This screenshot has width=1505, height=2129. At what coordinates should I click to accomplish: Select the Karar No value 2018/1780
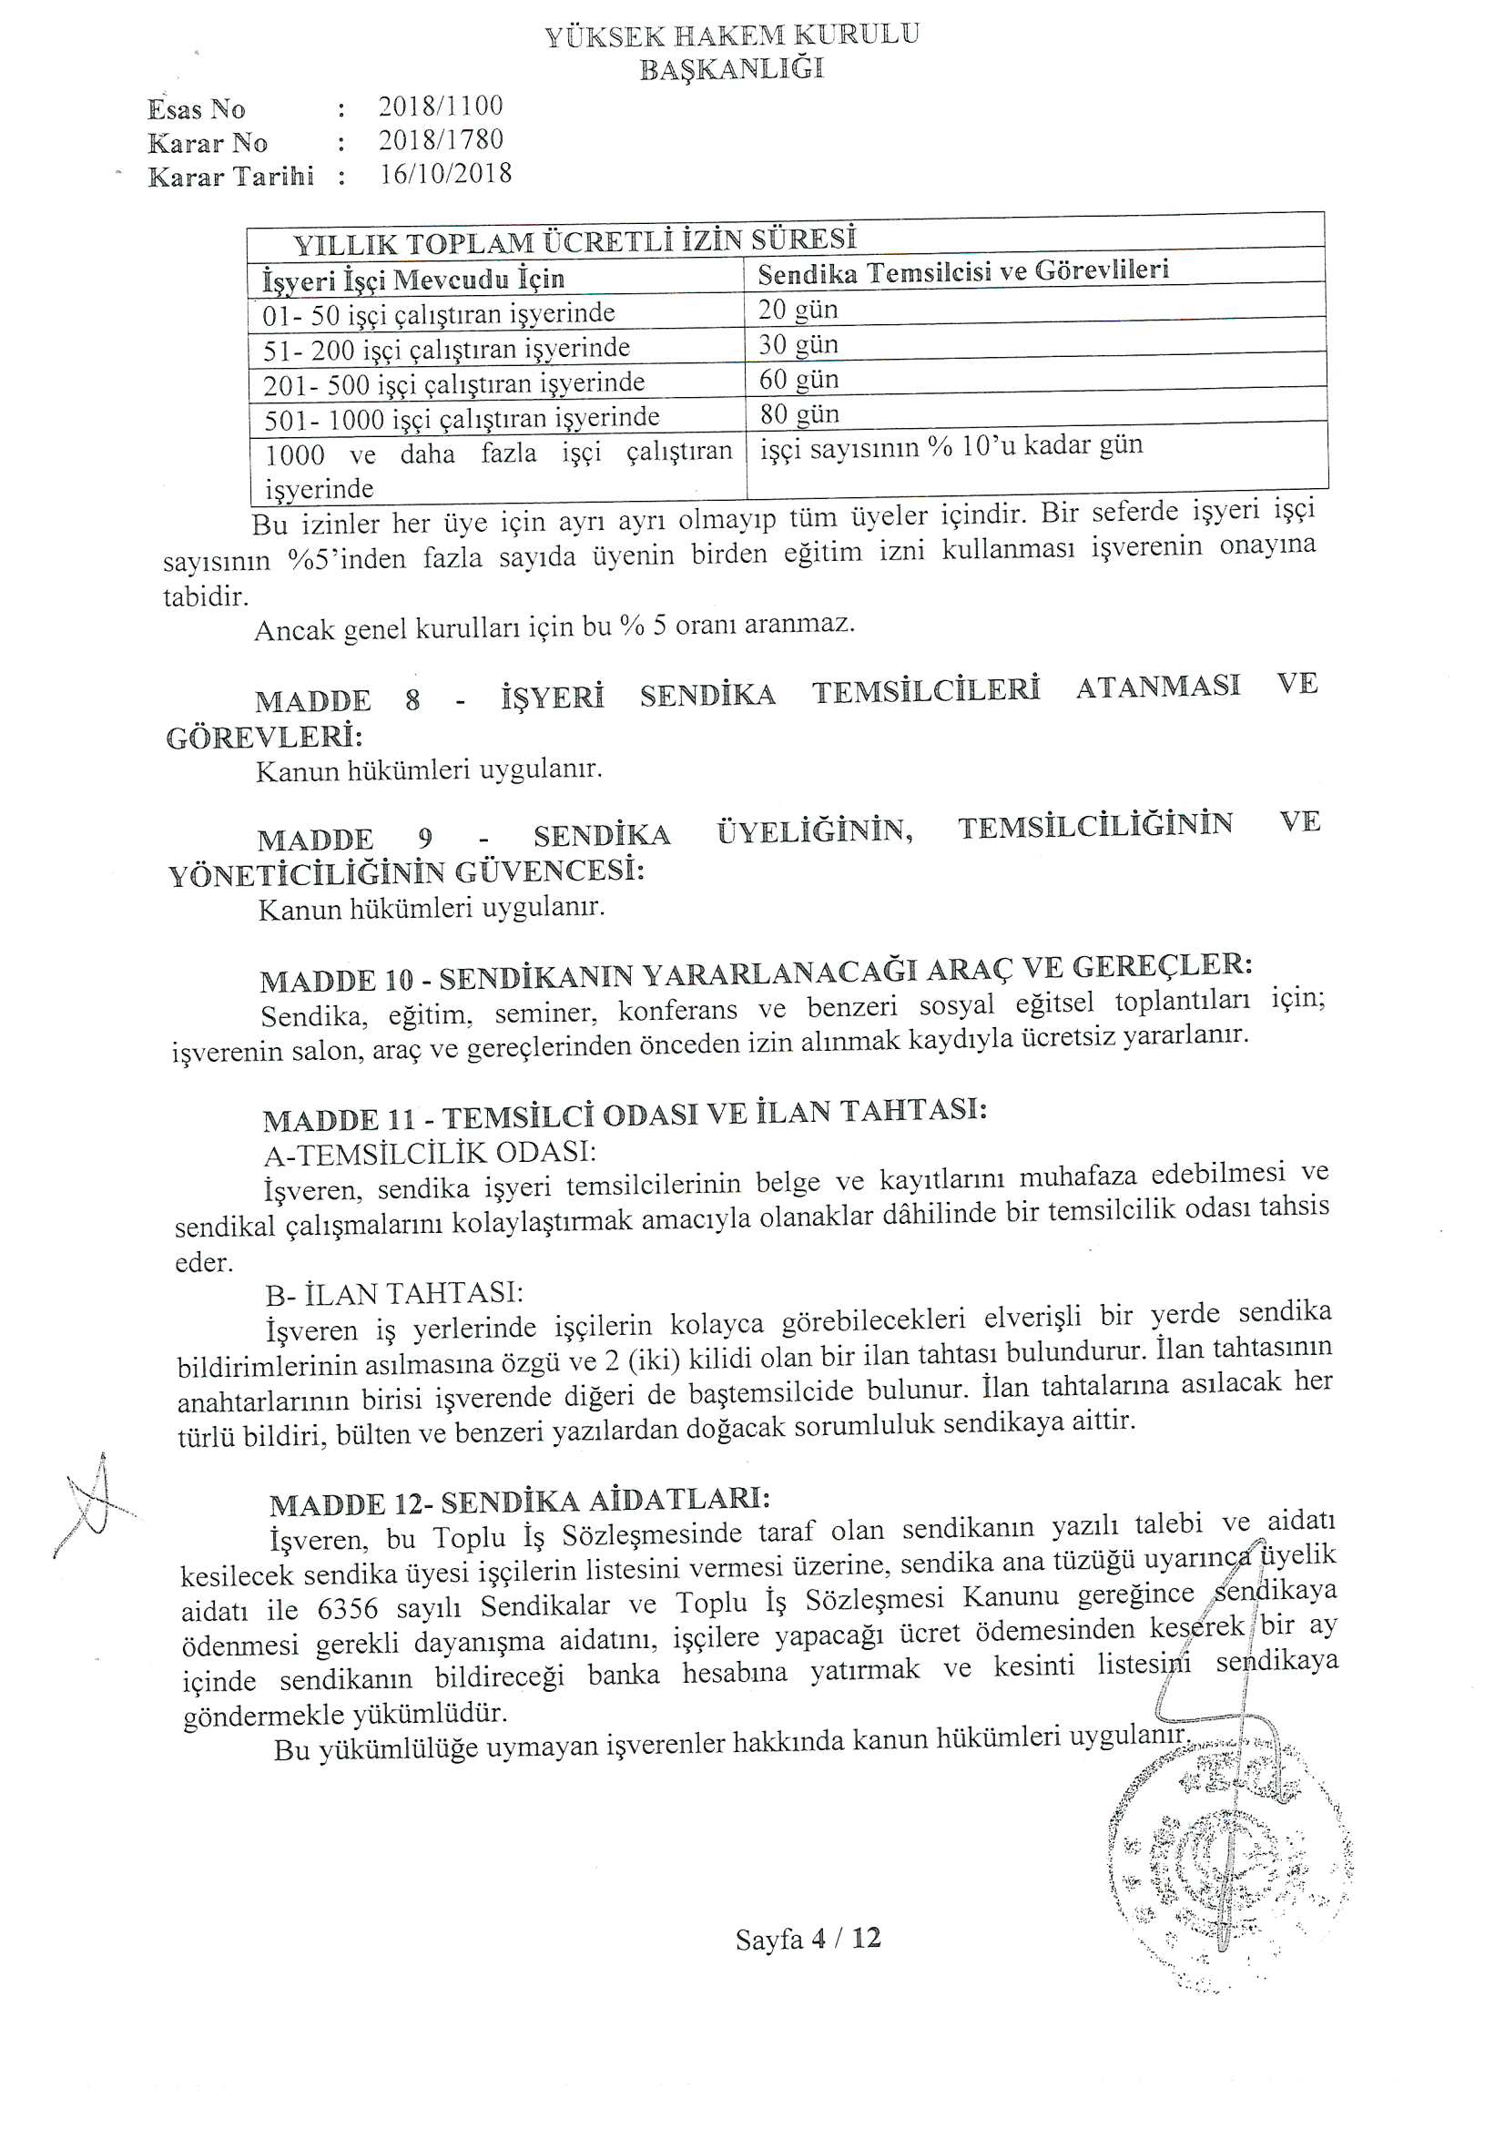pyautogui.click(x=441, y=141)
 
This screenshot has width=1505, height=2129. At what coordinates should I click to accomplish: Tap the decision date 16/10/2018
pyautogui.click(x=445, y=174)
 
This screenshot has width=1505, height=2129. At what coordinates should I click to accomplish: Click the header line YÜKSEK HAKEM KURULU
pyautogui.click(x=732, y=36)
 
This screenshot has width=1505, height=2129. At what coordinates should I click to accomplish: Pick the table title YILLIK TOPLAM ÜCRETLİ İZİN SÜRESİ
pyautogui.click(x=575, y=241)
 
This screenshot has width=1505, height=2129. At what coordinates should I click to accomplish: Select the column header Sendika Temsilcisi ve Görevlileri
pyautogui.click(x=962, y=270)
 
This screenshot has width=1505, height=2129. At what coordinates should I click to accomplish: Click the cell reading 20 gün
pyautogui.click(x=798, y=310)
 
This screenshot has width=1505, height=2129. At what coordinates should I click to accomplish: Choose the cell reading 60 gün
pyautogui.click(x=798, y=379)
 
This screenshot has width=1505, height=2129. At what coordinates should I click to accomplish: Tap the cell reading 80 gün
pyautogui.click(x=799, y=413)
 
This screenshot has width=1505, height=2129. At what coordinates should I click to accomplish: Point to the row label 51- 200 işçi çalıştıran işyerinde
pyautogui.click(x=446, y=350)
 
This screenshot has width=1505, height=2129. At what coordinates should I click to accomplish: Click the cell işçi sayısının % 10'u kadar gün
pyautogui.click(x=951, y=447)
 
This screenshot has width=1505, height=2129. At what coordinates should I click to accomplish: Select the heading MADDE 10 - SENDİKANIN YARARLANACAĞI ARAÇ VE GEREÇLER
pyautogui.click(x=756, y=972)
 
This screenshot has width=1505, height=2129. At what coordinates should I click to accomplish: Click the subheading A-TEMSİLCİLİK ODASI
pyautogui.click(x=430, y=1153)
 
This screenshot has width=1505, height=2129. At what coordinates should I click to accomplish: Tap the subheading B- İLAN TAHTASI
pyautogui.click(x=394, y=1293)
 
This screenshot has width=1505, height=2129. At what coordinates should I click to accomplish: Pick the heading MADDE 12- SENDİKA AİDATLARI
pyautogui.click(x=519, y=1502)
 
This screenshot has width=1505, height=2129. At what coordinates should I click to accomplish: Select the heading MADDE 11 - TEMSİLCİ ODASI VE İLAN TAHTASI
pyautogui.click(x=624, y=1114)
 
